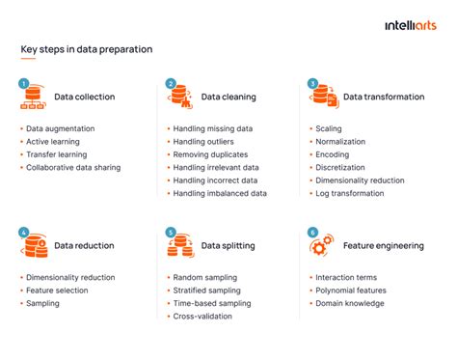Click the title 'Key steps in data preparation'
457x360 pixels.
click(x=86, y=49)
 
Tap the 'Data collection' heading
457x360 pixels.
click(x=84, y=97)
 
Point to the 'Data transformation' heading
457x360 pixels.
click(x=383, y=97)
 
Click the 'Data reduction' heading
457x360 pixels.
click(x=84, y=246)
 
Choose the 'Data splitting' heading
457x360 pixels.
click(x=228, y=246)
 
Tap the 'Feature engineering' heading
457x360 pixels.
click(x=383, y=246)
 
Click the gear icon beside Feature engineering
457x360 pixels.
click(x=321, y=246)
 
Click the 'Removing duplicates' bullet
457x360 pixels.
click(x=211, y=154)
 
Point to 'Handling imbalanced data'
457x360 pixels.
click(x=219, y=194)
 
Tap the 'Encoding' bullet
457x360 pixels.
click(x=334, y=154)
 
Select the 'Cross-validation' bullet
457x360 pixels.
click(x=203, y=317)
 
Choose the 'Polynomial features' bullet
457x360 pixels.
click(x=350, y=291)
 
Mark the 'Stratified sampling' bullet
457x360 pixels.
click(x=208, y=291)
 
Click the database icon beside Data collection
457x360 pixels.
click(x=33, y=97)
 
